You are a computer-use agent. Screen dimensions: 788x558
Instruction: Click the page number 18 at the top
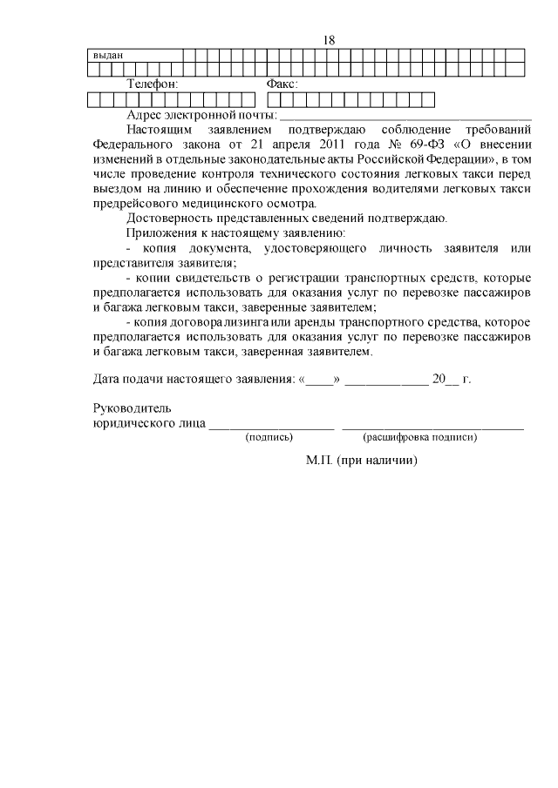(329, 40)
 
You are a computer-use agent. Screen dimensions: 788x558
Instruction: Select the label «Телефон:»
(153, 84)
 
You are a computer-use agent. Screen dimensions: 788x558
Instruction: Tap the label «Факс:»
(281, 84)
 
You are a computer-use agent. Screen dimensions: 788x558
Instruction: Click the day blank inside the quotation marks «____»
(320, 381)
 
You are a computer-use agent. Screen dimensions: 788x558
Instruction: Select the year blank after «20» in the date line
(453, 381)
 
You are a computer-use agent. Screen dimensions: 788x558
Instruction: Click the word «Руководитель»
(132, 408)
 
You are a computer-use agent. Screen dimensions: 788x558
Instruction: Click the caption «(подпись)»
(269, 437)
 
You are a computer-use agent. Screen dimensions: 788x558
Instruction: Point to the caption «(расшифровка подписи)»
(419, 437)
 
